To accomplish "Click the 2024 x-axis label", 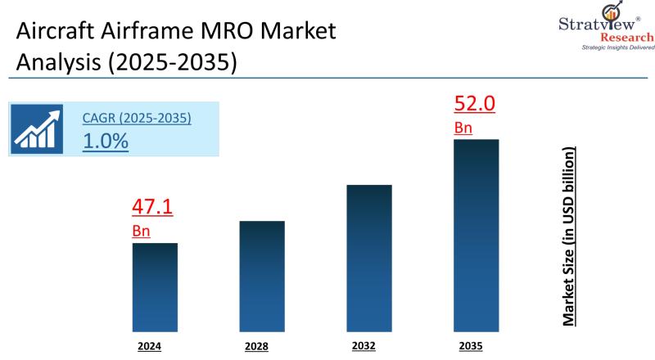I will (151, 346).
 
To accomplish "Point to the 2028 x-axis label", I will (256, 346).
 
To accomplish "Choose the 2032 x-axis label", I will (364, 345).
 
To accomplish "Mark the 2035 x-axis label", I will (471, 345).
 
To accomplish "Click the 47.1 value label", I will (152, 207).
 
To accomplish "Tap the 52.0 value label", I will (475, 104).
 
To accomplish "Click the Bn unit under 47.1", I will (141, 231).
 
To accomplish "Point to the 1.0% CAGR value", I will (106, 140).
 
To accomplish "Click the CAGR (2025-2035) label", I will (137, 118).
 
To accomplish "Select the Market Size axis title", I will (569, 237).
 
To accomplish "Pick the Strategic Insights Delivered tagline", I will (618, 47).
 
